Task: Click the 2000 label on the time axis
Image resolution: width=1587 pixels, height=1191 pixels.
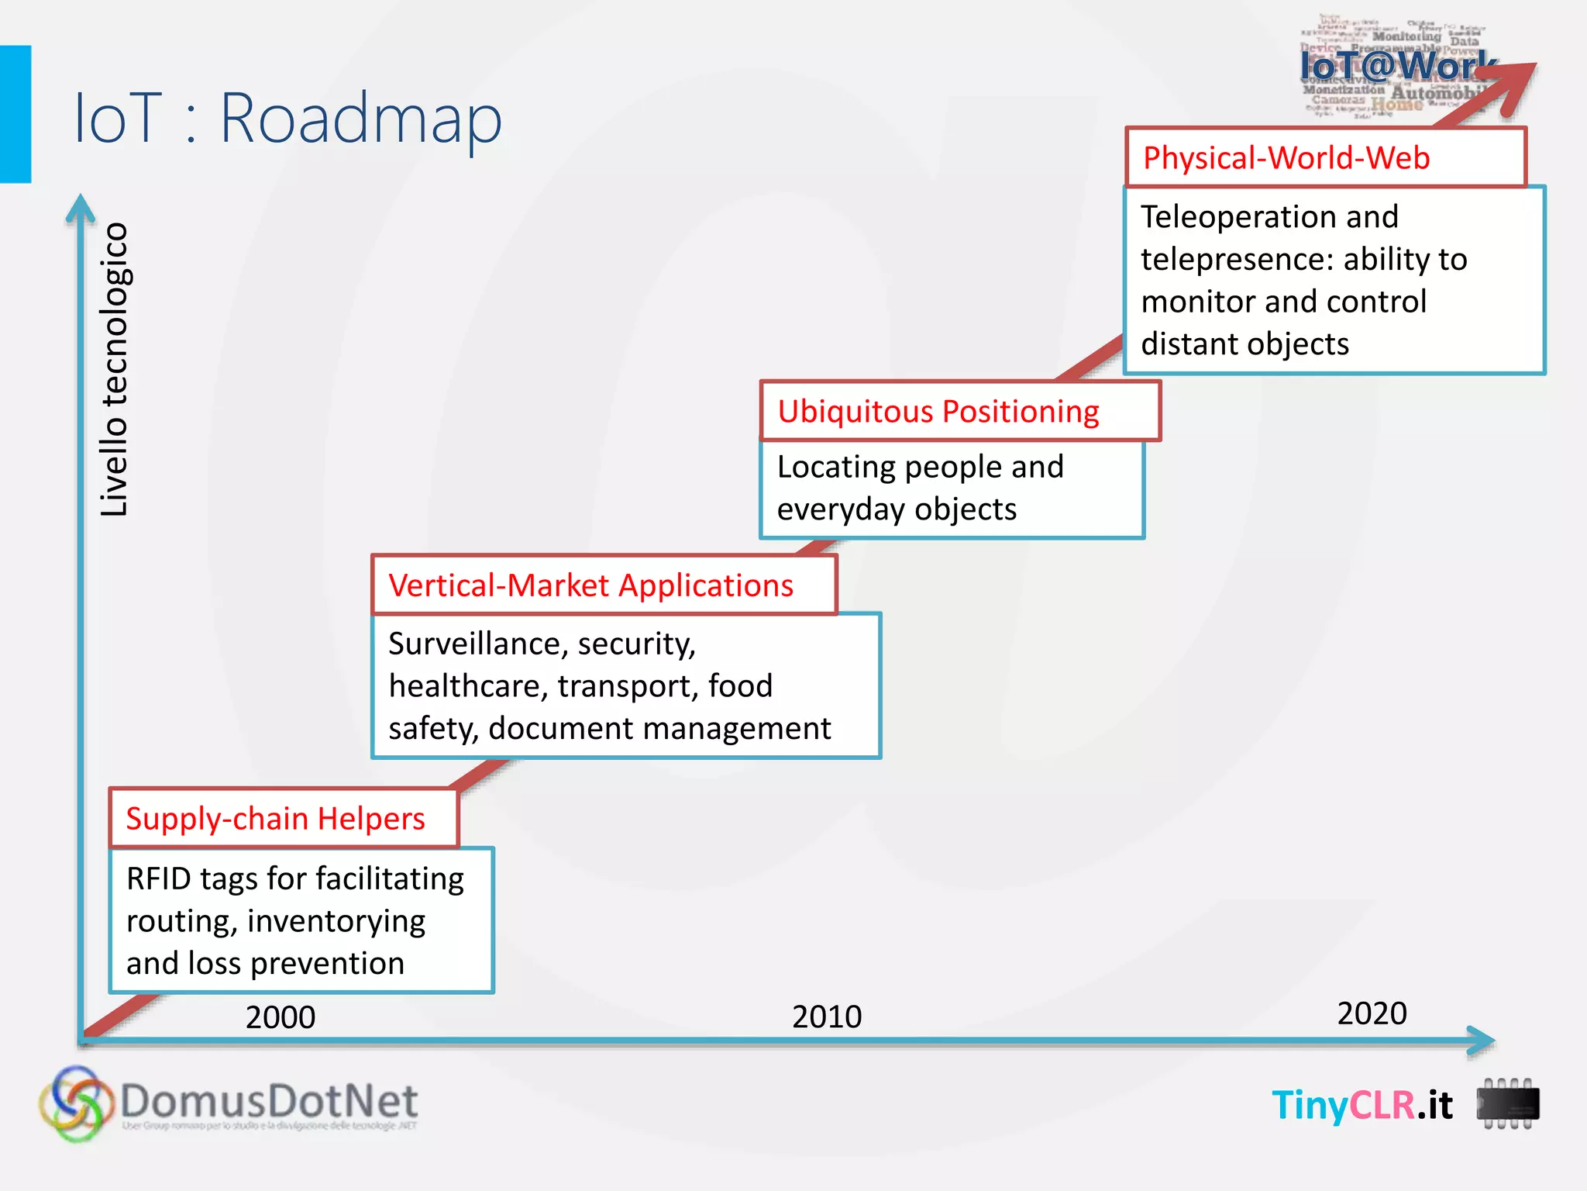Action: [x=281, y=1017]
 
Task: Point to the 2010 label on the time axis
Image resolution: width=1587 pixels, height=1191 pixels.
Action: [x=827, y=1017]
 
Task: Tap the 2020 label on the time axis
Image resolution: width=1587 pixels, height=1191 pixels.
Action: [x=1372, y=1013]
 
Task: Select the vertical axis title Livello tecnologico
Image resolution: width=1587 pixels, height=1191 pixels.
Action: [x=115, y=370]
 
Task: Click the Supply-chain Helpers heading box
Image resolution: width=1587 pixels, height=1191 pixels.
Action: [x=284, y=819]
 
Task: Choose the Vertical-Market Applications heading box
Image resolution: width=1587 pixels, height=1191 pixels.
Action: [x=604, y=585]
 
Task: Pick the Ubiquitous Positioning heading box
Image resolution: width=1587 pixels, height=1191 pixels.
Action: [x=959, y=411]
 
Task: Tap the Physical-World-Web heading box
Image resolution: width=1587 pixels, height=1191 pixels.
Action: [x=1325, y=158]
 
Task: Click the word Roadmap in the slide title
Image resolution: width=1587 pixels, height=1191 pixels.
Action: [x=361, y=119]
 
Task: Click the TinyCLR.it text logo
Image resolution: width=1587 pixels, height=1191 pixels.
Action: [x=1362, y=1105]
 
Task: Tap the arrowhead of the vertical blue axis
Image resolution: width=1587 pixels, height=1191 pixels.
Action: [x=81, y=208]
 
